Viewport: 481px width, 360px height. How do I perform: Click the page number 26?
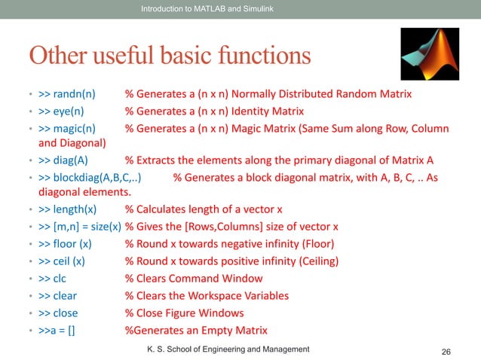click(x=446, y=351)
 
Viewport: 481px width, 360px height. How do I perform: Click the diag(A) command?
click(x=70, y=161)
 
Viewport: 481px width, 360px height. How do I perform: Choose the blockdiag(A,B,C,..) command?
click(x=96, y=178)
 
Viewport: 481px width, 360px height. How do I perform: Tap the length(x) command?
click(x=75, y=210)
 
